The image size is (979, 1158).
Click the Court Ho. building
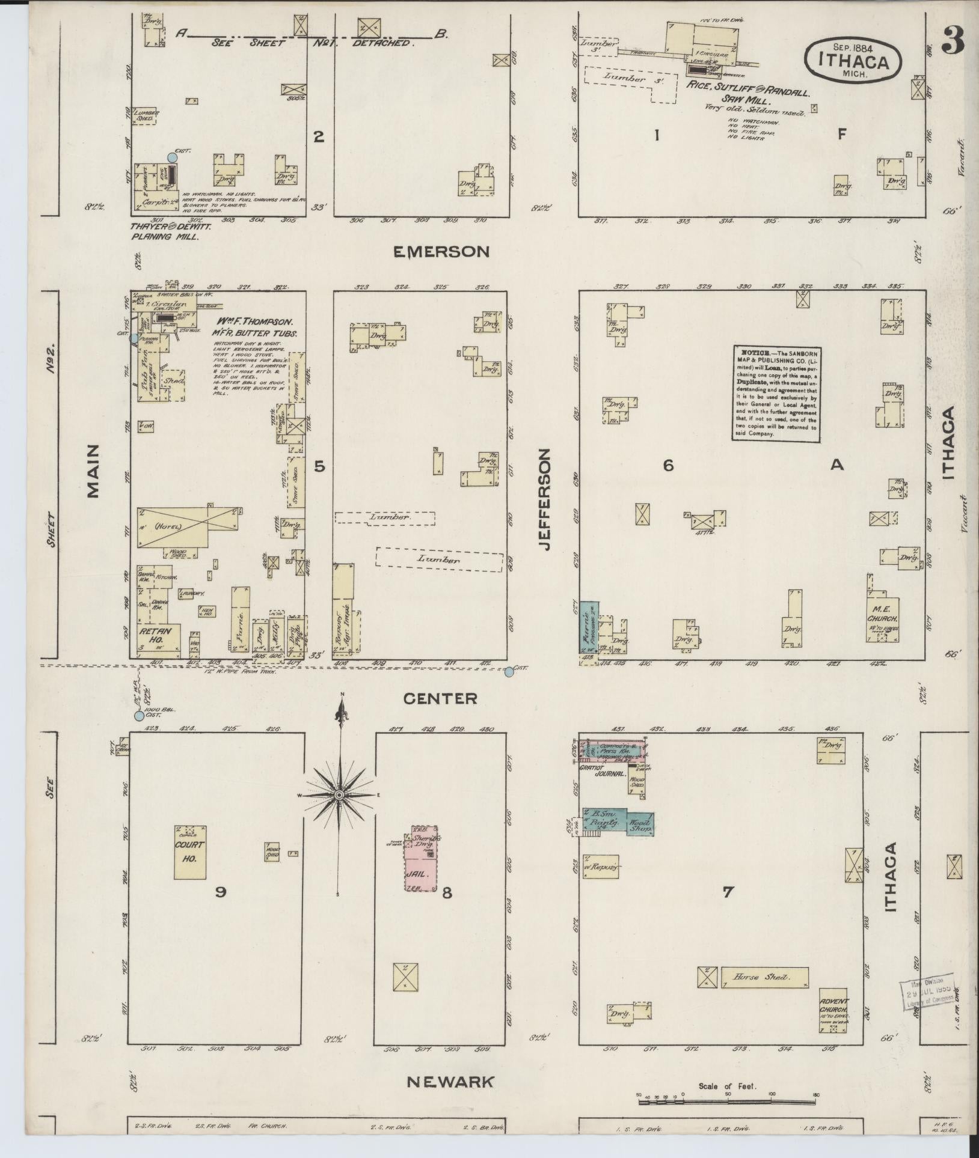click(190, 853)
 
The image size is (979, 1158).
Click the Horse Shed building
click(764, 978)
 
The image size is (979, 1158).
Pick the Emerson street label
click(441, 252)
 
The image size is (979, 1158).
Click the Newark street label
click(451, 1082)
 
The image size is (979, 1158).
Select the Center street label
click(440, 698)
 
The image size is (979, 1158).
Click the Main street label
click(93, 472)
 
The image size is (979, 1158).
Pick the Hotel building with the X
click(186, 527)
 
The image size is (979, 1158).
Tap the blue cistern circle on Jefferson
click(509, 672)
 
